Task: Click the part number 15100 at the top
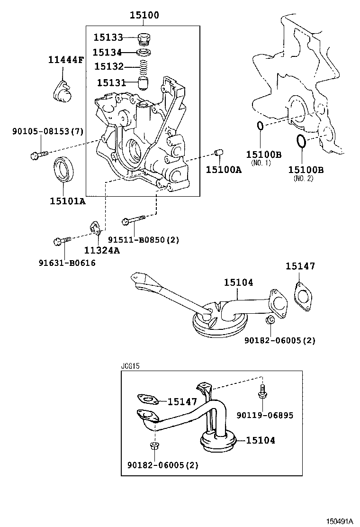point(144,16)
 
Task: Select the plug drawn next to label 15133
point(144,37)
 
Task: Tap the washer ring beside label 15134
point(144,52)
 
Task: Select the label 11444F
point(66,60)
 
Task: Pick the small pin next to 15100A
point(219,153)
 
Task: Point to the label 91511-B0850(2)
point(143,240)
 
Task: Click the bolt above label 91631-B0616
point(62,241)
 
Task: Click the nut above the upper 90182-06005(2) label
point(269,321)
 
